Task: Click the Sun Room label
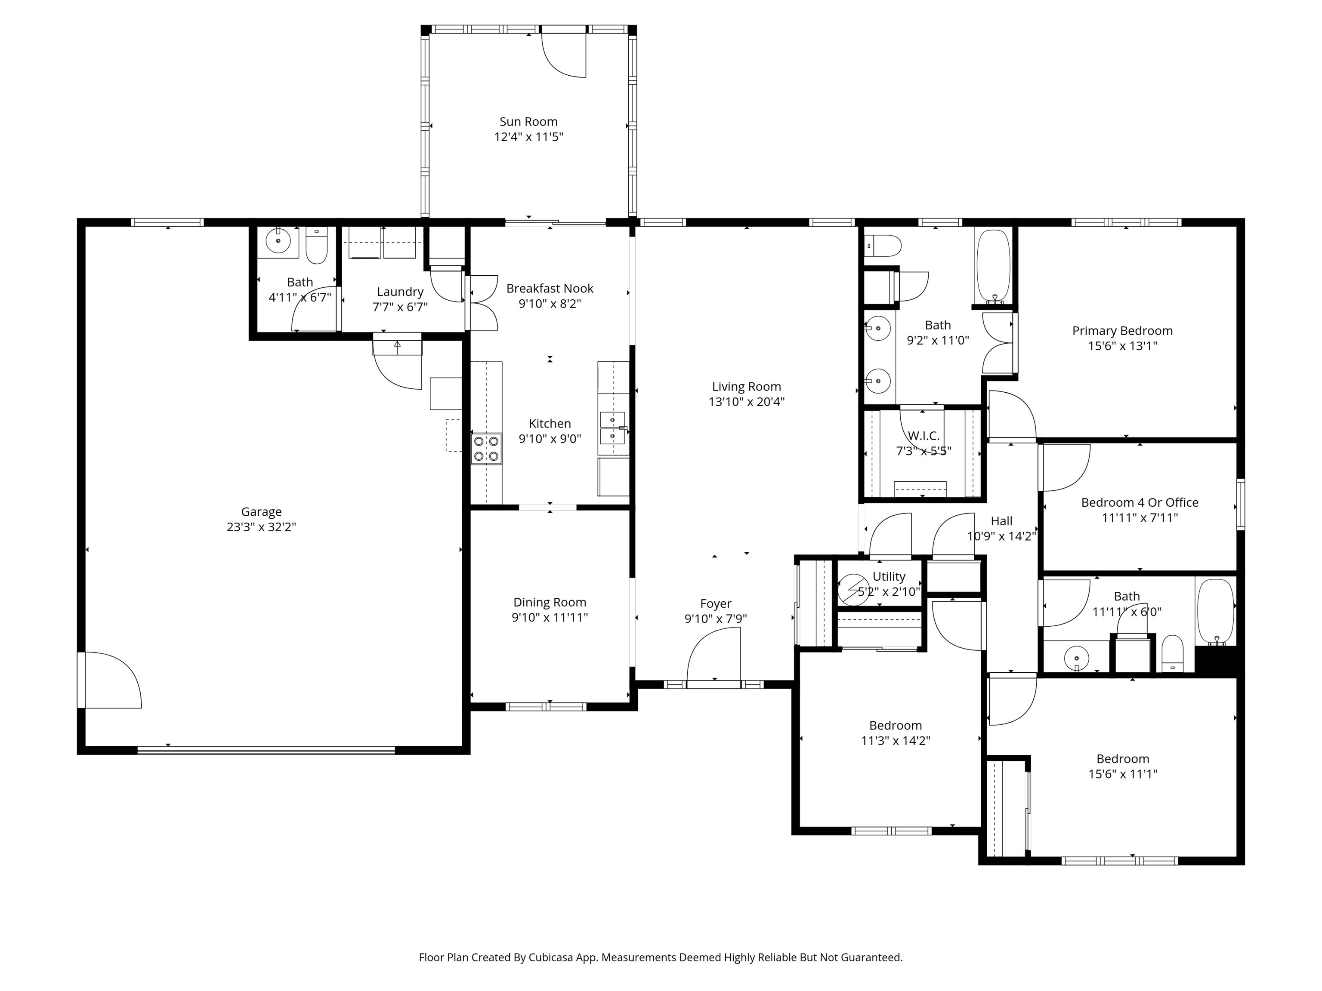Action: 528,122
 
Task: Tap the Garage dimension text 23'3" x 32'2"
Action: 261,527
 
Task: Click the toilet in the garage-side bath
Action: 317,246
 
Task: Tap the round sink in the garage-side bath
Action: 278,241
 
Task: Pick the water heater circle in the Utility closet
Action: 853,589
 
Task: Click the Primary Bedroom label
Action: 1122,331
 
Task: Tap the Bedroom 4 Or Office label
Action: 1139,502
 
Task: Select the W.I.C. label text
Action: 924,435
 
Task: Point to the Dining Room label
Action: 549,602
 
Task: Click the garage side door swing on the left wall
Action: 111,681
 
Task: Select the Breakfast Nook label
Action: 549,289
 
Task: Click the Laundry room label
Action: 400,292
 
